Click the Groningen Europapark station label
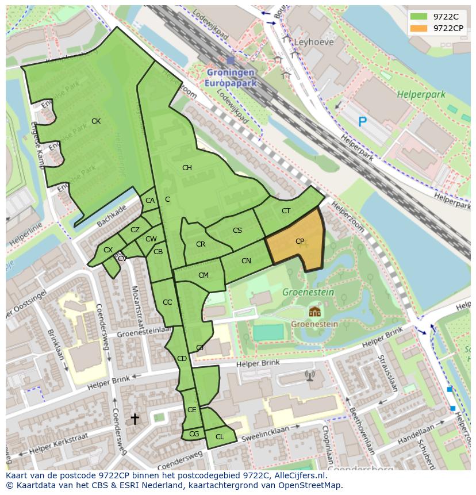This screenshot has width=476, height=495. pyautogui.click(x=230, y=78)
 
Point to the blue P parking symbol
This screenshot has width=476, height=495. pyautogui.click(x=362, y=121)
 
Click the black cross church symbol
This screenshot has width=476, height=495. pyautogui.click(x=135, y=419)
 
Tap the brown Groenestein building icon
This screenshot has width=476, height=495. pyautogui.click(x=314, y=312)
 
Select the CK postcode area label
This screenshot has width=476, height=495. pyautogui.click(x=96, y=121)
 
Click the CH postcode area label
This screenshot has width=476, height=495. pyautogui.click(x=187, y=168)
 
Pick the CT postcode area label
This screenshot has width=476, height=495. pyautogui.click(x=286, y=211)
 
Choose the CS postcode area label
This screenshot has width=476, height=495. pyautogui.click(x=237, y=231)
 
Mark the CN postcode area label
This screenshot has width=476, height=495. pyautogui.click(x=246, y=261)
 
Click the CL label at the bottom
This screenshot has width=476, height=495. pyautogui.click(x=220, y=437)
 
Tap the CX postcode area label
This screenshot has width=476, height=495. pyautogui.click(x=108, y=250)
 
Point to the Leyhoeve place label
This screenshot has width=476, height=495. pyautogui.click(x=314, y=42)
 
